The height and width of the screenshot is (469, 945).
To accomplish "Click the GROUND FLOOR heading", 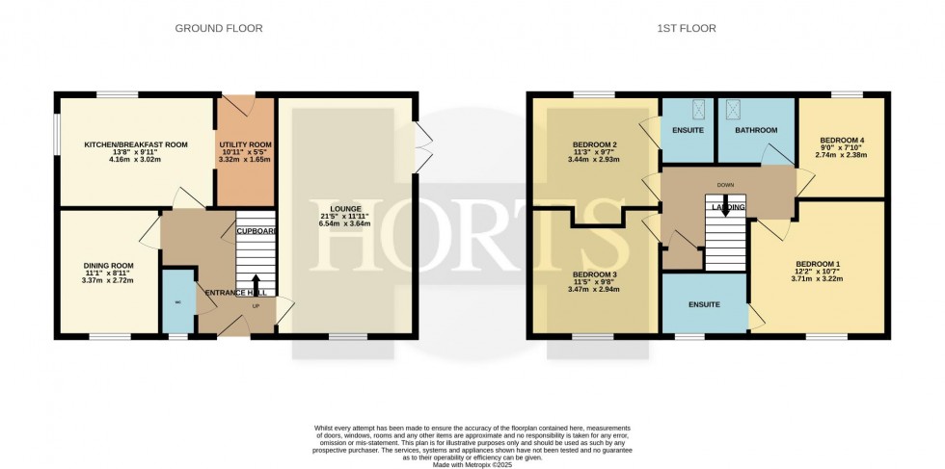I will pyautogui.click(x=218, y=28).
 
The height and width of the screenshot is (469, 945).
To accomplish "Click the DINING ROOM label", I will pyautogui.click(x=108, y=265).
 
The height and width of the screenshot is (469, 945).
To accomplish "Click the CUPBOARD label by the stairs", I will pyautogui.click(x=256, y=231).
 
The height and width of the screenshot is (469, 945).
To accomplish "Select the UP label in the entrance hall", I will pyautogui.click(x=255, y=306).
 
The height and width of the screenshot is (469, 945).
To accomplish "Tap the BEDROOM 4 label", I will pyautogui.click(x=841, y=140).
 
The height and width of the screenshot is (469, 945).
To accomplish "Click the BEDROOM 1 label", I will pyautogui.click(x=818, y=264).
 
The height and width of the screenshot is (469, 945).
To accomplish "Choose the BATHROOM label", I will pyautogui.click(x=755, y=129).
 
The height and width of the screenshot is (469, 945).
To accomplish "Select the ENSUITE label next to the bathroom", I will pyautogui.click(x=687, y=129).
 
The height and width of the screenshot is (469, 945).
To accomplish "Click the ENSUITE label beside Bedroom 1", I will pyautogui.click(x=704, y=304).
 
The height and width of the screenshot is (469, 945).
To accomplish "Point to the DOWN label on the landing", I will pyautogui.click(x=725, y=183).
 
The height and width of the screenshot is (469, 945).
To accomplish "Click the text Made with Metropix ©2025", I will pyautogui.click(x=472, y=464).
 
